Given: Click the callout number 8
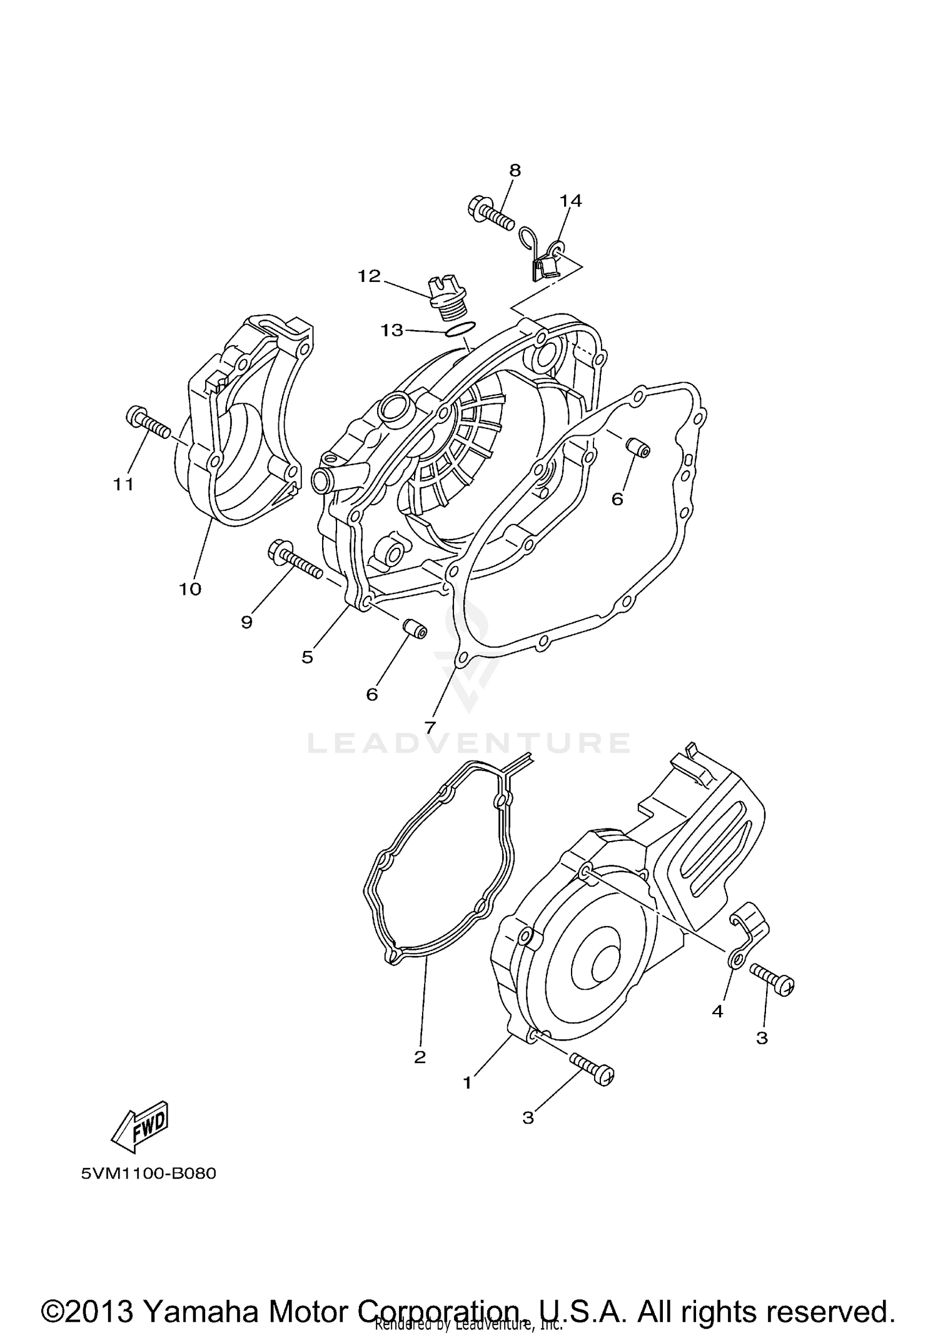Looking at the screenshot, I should [515, 170].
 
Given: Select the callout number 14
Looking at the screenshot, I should [570, 201].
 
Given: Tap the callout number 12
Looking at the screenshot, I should [369, 276].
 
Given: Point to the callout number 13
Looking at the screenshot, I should [392, 330].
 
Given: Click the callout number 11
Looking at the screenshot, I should [124, 484].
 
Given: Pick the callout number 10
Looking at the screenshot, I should [190, 589].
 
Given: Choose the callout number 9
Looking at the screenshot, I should [247, 622].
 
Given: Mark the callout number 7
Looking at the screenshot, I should [430, 728].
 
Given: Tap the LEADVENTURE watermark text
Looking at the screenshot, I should [469, 743].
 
